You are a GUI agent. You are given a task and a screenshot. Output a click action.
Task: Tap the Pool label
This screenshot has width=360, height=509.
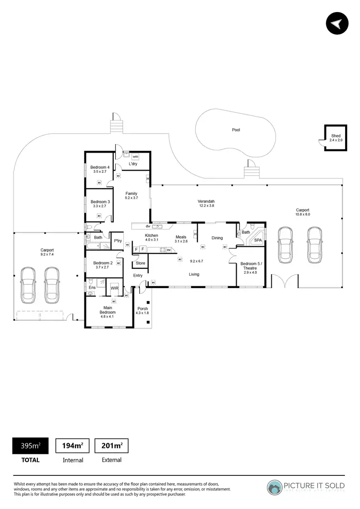[236, 130]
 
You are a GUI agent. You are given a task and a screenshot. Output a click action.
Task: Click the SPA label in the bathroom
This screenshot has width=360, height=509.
[258, 240]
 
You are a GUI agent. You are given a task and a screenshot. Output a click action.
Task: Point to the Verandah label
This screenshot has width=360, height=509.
[206, 201]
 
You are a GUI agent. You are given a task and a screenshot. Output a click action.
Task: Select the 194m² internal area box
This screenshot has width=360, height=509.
[72, 446]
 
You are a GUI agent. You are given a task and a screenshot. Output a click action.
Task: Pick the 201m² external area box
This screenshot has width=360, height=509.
[111, 446]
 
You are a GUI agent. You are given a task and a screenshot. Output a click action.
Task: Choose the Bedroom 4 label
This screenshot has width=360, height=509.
[100, 167]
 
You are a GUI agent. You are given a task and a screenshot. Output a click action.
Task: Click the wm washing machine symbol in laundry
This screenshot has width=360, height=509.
[135, 157]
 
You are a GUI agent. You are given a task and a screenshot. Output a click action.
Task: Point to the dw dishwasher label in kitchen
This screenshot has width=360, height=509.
[149, 226]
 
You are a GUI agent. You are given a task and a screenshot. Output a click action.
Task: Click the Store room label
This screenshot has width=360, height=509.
[140, 263]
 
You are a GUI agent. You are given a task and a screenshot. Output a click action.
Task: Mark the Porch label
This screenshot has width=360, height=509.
[143, 308]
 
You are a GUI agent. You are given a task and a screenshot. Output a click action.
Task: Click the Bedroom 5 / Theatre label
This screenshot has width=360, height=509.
[250, 266]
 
